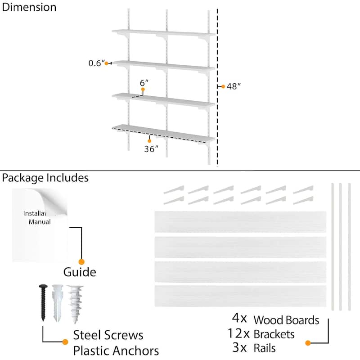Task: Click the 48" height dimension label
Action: pos(234,86)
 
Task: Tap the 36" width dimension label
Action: pos(151,149)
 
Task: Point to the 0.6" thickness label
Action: pos(95,63)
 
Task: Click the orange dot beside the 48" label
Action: pos(223,86)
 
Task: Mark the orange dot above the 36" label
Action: pos(149,141)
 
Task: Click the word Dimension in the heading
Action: pos(29,7)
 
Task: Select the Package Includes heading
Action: pos(45,178)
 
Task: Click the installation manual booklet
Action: pos(40,225)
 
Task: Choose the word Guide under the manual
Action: pos(79,272)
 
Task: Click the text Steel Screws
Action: pos(108,335)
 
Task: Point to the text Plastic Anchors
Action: pos(116,351)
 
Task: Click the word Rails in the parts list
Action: pos(265,348)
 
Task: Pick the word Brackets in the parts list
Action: pos(274,334)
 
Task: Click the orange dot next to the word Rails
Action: pos(308,343)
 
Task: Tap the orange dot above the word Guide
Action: pos(81,261)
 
